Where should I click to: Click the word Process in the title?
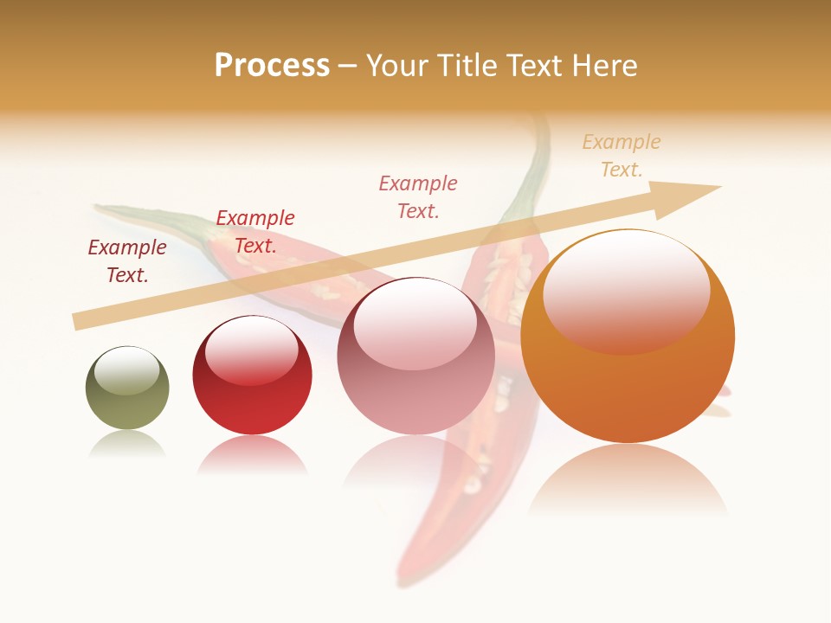coord(272,66)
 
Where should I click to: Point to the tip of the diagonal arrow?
coord(719,187)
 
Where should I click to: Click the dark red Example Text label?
coord(127,261)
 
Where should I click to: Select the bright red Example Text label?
coord(255,232)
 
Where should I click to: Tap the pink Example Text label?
coord(418,196)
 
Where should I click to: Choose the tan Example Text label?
coord(622,156)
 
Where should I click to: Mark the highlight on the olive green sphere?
coord(126,370)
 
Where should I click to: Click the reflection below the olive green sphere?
coord(127,444)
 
